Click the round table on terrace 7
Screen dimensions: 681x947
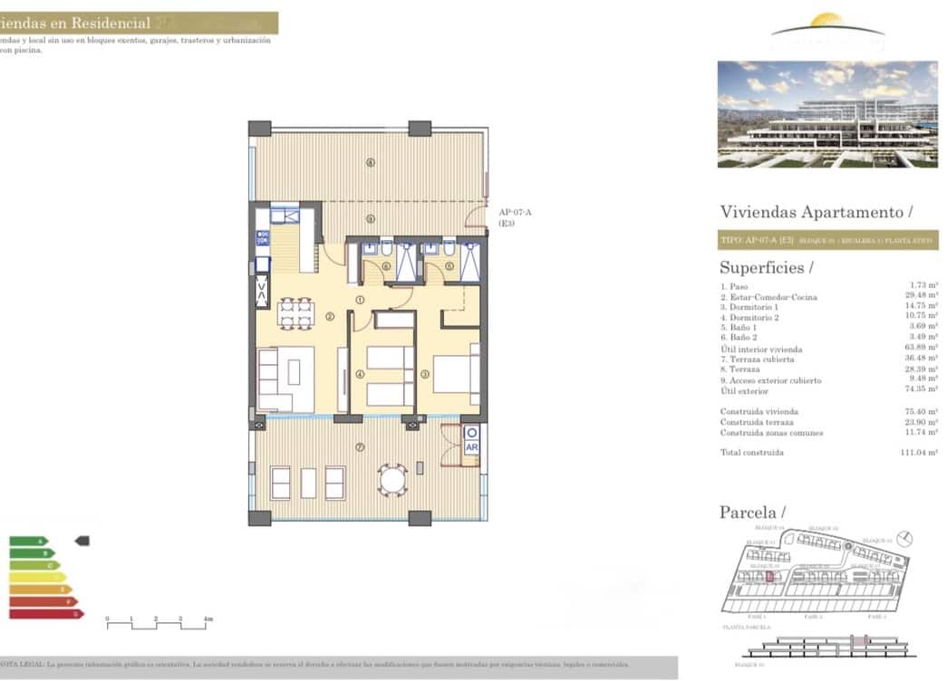pos(392,480)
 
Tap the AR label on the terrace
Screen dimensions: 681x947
pos(471,447)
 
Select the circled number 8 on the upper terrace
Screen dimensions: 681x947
pos(370,163)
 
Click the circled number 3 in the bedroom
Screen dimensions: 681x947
pos(424,374)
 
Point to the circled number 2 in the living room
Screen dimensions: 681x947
pos(330,316)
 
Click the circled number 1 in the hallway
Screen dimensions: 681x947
pos(360,300)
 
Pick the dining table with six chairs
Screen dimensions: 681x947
pos(295,312)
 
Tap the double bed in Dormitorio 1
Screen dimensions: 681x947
pos(455,374)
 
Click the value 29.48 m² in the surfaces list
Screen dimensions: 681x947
pos(923,297)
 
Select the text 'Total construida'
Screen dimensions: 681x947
pos(751,452)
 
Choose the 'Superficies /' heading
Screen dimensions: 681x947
pos(766,267)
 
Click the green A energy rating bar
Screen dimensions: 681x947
pos(27,542)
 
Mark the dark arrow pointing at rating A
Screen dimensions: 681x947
pos(82,541)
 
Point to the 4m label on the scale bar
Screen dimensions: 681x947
pos(208,619)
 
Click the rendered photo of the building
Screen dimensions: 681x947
pos(826,114)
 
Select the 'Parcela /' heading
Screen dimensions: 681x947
pos(752,513)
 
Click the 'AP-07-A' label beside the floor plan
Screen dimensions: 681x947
pos(515,212)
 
